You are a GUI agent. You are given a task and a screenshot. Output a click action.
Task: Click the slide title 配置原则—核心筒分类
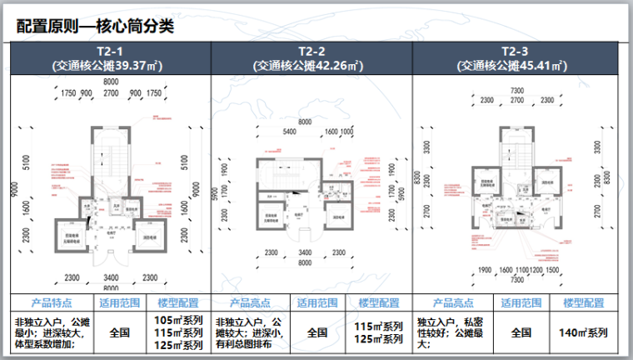96,26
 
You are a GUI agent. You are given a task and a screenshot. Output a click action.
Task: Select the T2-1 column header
109,52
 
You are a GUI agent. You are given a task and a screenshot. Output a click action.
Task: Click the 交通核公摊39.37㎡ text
109,64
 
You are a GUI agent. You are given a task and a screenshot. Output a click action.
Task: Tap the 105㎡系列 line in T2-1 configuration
178,320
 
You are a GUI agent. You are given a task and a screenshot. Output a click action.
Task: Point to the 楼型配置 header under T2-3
582,302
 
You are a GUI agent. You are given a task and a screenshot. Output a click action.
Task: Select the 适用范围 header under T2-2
317,302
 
